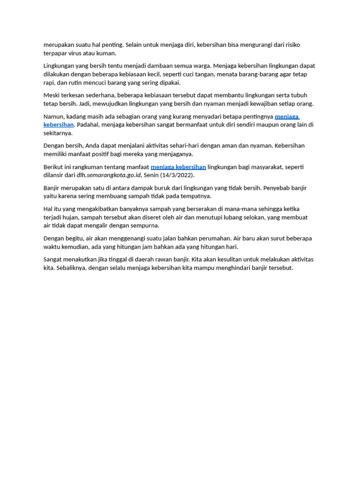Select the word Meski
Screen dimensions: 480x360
coord(52,95)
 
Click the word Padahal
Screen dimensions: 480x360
coord(88,125)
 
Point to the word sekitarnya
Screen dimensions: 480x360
coord(58,133)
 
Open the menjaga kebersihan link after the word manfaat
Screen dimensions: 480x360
coord(178,167)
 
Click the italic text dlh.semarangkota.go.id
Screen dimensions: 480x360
coord(109,175)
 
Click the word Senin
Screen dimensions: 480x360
coord(151,175)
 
